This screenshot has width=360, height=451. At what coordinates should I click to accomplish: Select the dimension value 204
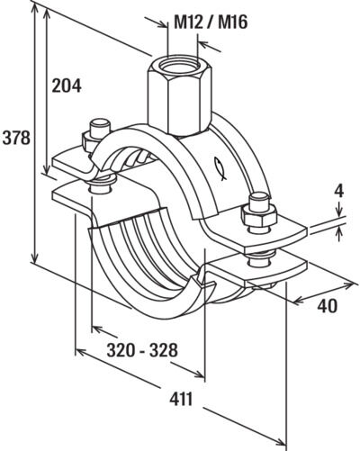(67, 86)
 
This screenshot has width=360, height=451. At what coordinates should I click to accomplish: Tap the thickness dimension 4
(338, 192)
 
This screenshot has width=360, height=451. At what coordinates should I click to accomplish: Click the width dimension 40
(326, 306)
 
